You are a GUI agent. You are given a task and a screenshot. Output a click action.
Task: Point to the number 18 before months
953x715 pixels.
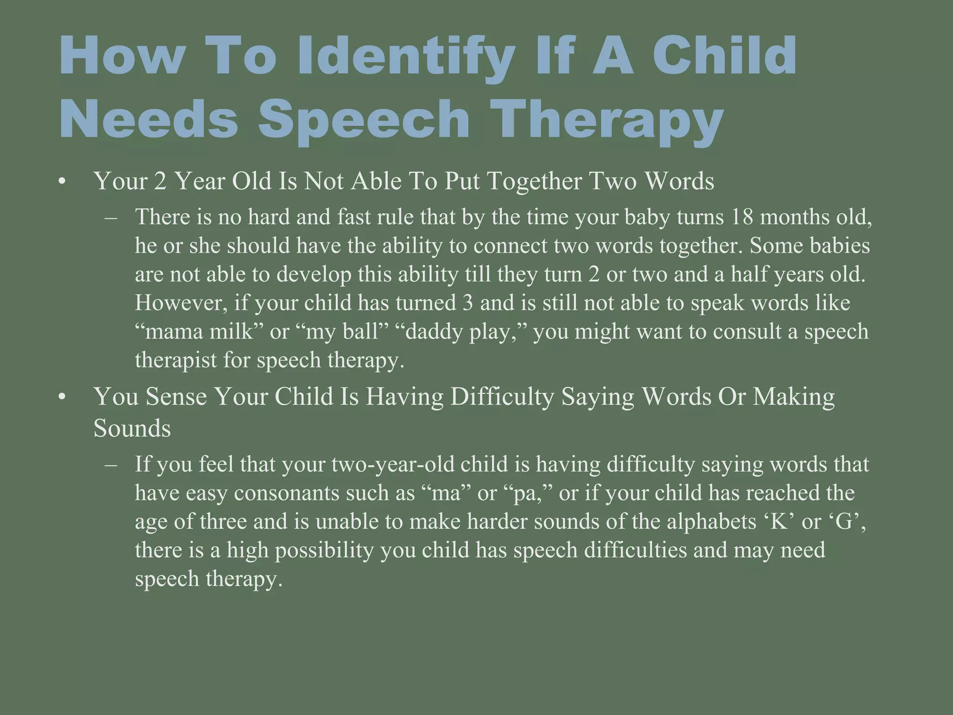(x=742, y=217)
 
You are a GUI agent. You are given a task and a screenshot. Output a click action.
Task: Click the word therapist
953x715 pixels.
(x=175, y=360)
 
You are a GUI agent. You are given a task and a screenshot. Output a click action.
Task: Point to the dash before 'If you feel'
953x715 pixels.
(x=111, y=465)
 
